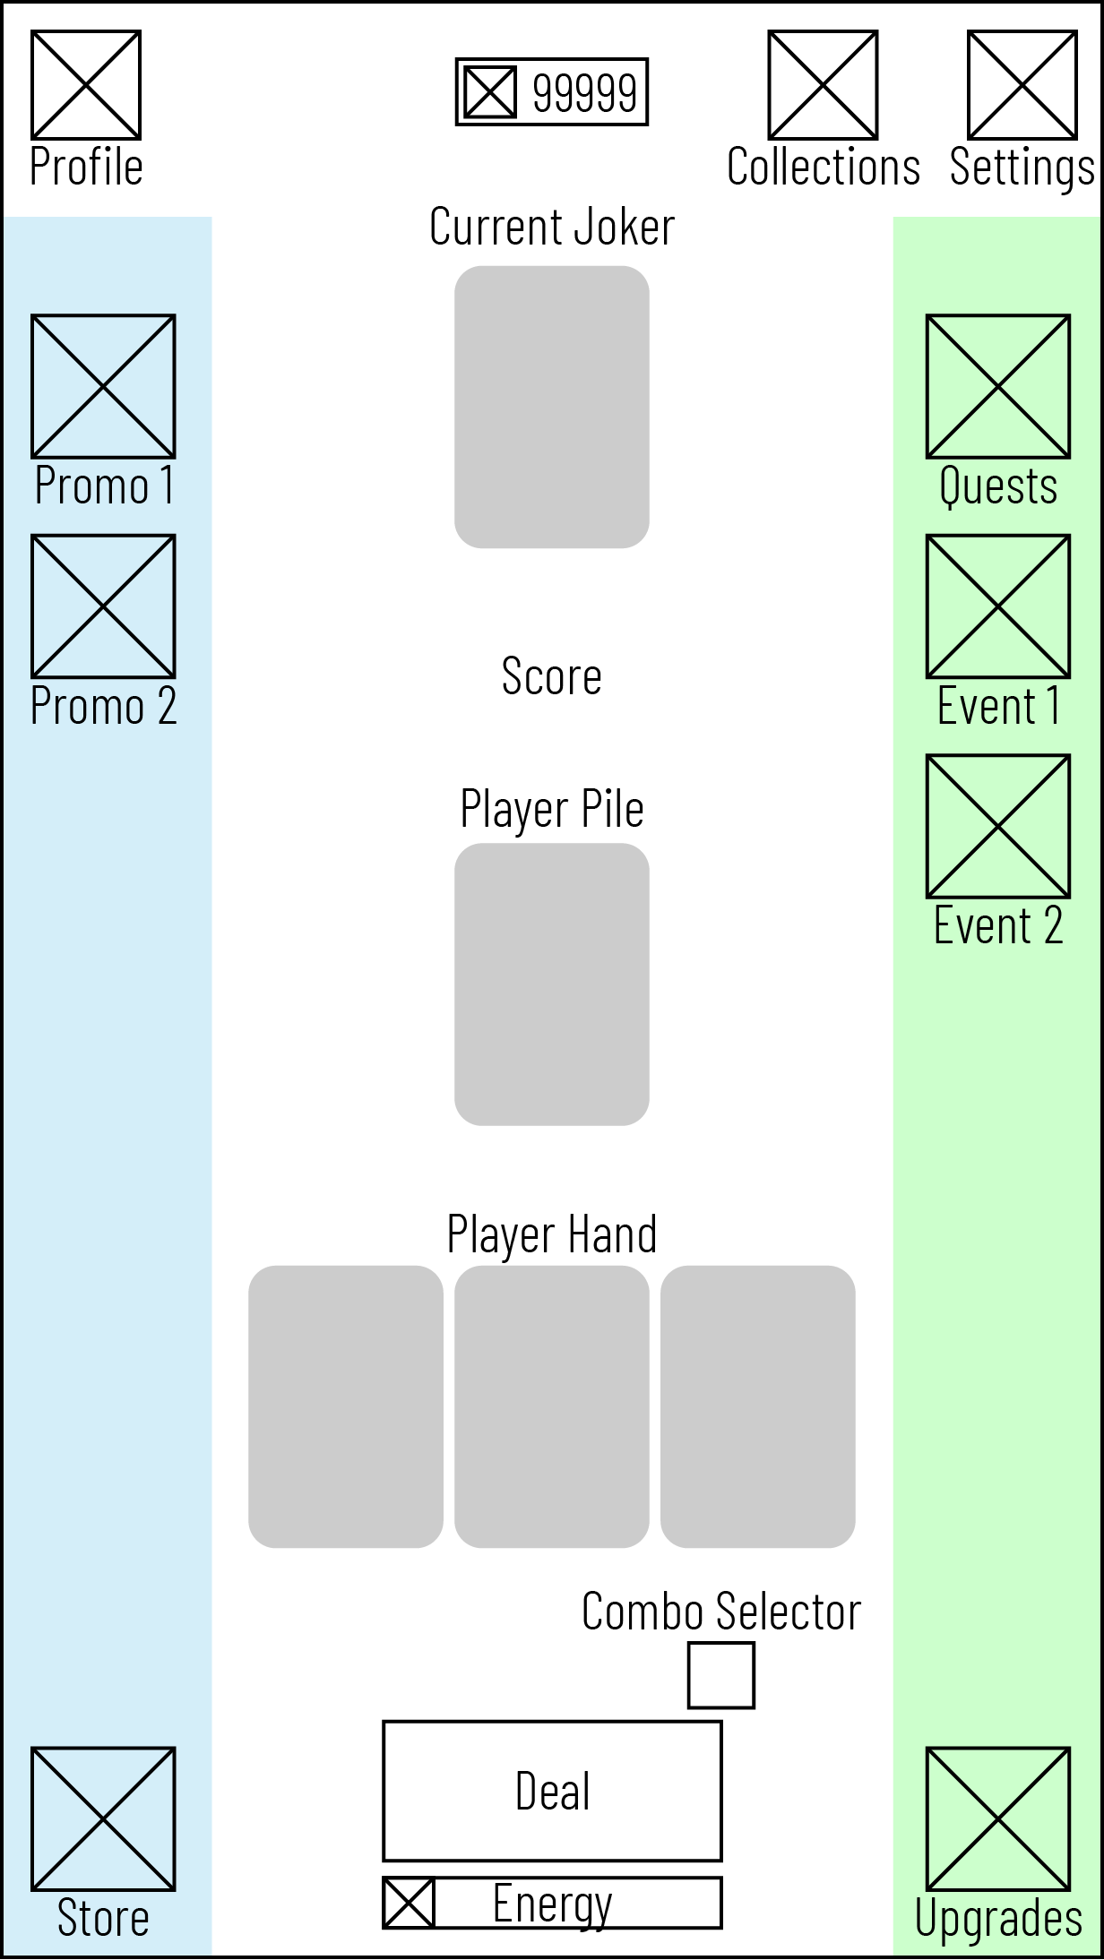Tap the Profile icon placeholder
click(x=86, y=85)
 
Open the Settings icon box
click(x=1022, y=85)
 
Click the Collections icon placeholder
click(x=823, y=85)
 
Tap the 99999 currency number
click(x=584, y=92)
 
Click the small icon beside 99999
click(x=490, y=92)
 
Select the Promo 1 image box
click(x=103, y=386)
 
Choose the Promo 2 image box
click(x=103, y=606)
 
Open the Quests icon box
click(x=998, y=386)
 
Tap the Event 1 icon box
click(x=998, y=606)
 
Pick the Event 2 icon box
click(x=998, y=826)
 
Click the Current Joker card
click(x=552, y=407)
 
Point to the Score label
click(x=552, y=676)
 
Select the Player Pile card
click(x=552, y=984)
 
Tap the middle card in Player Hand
click(x=552, y=1406)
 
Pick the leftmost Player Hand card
click(x=346, y=1406)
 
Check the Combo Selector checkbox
click(x=721, y=1675)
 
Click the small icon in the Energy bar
click(x=409, y=1903)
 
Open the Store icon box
click(x=103, y=1818)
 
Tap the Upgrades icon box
click(x=998, y=1818)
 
